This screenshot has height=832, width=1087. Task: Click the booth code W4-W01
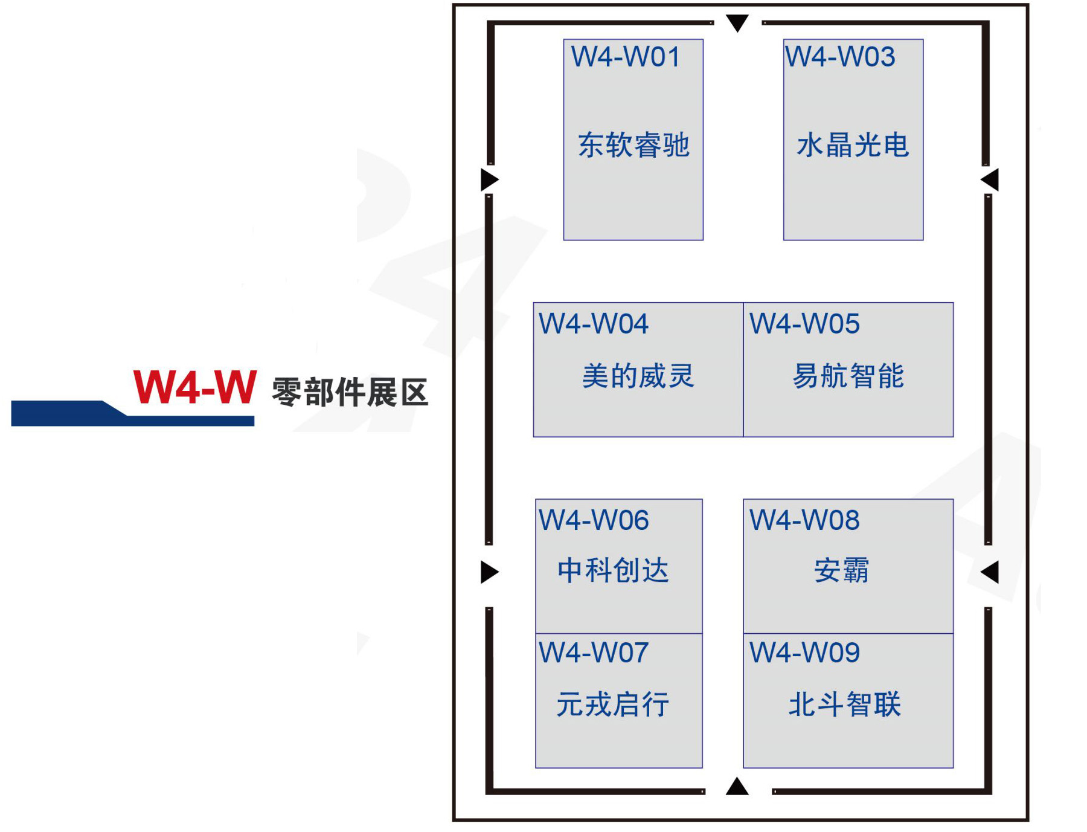(626, 57)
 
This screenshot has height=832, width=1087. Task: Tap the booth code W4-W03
(839, 57)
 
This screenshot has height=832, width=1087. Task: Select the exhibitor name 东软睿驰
(633, 145)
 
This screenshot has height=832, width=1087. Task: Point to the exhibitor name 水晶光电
(853, 145)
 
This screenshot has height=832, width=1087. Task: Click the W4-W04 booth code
(593, 324)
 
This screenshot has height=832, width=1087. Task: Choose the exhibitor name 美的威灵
(638, 376)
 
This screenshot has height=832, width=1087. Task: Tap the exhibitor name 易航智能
(848, 376)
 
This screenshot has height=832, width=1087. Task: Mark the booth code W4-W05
(804, 324)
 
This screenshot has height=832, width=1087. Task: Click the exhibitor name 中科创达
(613, 570)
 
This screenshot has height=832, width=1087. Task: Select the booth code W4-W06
(593, 520)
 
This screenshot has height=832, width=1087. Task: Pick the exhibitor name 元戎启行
(613, 705)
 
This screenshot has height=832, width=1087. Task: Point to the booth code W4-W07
(593, 653)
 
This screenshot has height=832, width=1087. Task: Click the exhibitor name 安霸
(841, 570)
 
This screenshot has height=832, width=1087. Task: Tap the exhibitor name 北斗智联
(845, 705)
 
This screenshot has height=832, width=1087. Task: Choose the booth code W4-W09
(804, 653)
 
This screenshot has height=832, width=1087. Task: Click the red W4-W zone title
(195, 387)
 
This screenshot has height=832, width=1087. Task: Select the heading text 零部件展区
(350, 392)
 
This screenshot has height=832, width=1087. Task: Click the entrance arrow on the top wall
(737, 22)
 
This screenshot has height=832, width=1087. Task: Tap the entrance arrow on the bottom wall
(737, 787)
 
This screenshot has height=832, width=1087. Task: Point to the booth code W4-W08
(804, 520)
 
